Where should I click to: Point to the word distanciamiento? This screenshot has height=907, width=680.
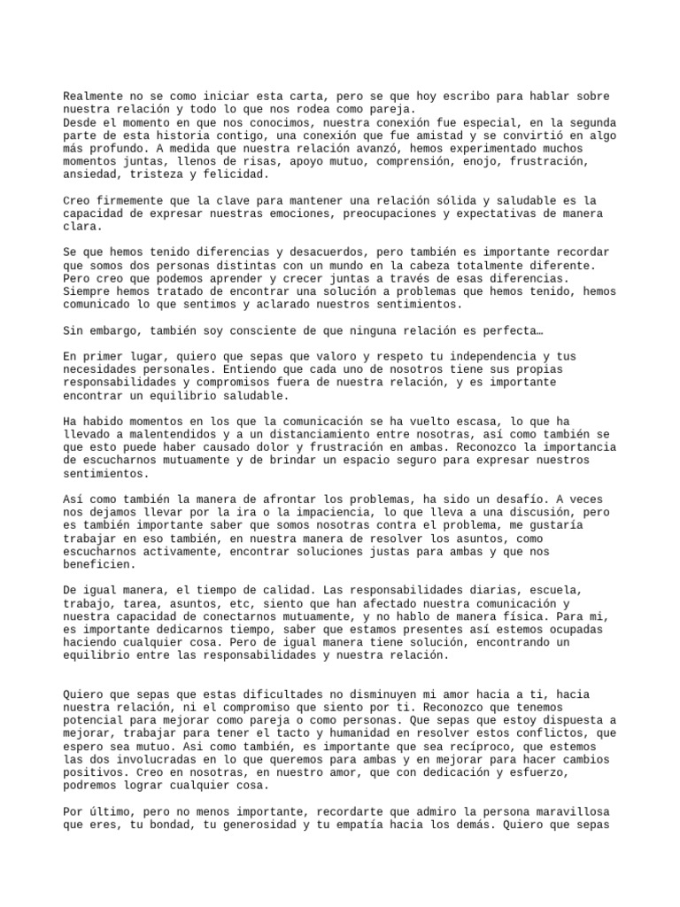coord(310,434)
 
